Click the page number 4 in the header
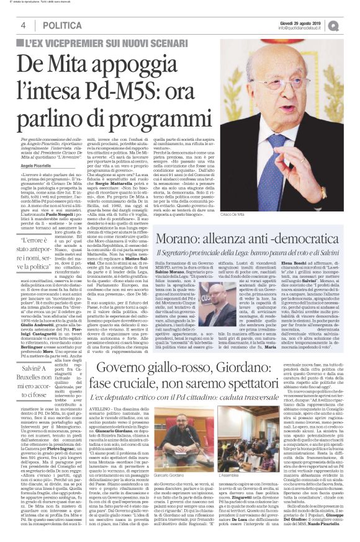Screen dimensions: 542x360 [23, 25]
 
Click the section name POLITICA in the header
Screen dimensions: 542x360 [59, 25]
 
